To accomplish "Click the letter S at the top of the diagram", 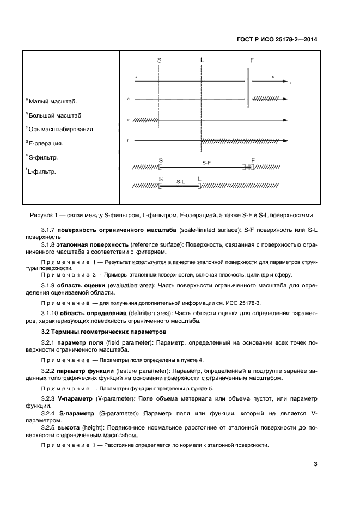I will (x=160, y=61).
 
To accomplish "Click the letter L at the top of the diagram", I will (x=202, y=60).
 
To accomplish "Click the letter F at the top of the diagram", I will (x=252, y=61).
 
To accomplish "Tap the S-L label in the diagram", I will (x=180, y=181).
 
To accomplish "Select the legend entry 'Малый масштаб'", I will (x=52, y=101).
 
